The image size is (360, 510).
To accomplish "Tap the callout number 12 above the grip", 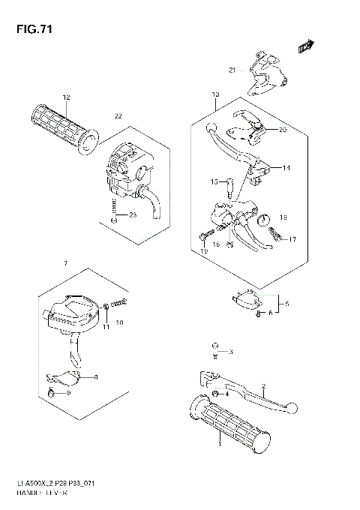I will click(x=66, y=97).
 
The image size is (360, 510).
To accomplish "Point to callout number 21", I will click(x=232, y=70).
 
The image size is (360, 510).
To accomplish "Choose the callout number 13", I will click(x=215, y=94).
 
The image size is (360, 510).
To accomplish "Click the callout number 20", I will click(x=283, y=130).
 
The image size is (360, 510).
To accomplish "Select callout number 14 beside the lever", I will click(x=286, y=168).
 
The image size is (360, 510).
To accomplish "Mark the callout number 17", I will click(x=292, y=239).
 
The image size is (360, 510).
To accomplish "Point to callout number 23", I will click(x=133, y=216).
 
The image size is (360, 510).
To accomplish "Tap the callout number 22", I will click(x=118, y=115).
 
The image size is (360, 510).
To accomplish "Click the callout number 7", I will click(x=66, y=264).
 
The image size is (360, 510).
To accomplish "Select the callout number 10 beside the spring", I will click(x=119, y=322).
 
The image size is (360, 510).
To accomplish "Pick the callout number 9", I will click(x=67, y=393).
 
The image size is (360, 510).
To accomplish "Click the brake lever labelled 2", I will click(x=255, y=391).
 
